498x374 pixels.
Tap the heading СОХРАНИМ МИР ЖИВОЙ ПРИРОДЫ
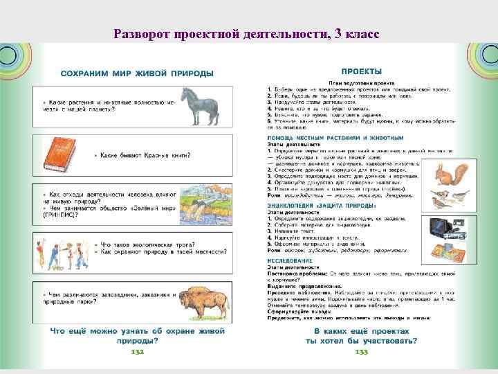click(137, 73)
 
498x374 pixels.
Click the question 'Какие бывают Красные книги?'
click(145, 155)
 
